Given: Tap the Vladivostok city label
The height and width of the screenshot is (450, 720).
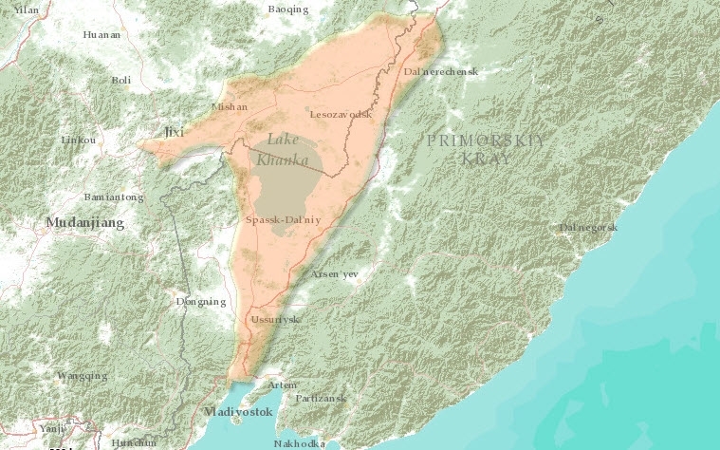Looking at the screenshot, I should [x=238, y=412].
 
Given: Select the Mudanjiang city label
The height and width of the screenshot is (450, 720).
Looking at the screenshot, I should [x=85, y=223].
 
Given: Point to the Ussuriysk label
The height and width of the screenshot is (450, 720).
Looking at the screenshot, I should [x=274, y=319].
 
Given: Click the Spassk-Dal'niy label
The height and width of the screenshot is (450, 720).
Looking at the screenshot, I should [x=284, y=219].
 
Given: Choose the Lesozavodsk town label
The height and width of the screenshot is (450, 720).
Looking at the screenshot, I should [x=341, y=114].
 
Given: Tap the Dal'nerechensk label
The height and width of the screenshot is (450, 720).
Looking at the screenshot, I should [x=440, y=72].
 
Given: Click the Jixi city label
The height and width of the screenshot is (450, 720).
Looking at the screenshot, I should [x=174, y=132].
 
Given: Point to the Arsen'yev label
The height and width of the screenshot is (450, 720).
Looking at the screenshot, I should [x=335, y=274].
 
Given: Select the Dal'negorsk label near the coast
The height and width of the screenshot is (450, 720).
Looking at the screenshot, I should [x=588, y=228].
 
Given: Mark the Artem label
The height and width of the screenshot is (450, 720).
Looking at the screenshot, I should [x=282, y=384].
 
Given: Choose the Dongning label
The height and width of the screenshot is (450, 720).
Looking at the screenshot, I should [x=201, y=302].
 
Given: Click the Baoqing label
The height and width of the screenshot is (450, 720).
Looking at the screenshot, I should [x=288, y=9].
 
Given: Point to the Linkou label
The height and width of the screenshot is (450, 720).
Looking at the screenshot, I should [x=78, y=140].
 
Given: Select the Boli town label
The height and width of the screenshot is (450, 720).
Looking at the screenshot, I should [x=120, y=81].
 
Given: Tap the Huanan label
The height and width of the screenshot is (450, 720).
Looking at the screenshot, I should [x=102, y=34].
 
